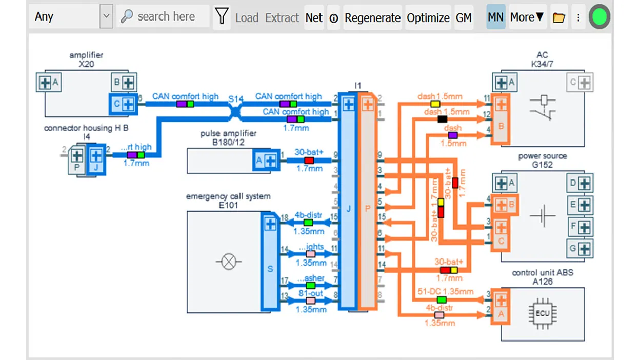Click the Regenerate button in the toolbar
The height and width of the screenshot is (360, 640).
372,18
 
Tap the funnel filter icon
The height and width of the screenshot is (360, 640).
222,17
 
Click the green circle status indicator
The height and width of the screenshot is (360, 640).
599,17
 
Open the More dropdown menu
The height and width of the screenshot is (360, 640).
527,17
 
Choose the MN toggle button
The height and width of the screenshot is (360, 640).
495,17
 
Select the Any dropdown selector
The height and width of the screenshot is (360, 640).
72,16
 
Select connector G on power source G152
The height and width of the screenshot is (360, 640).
580,249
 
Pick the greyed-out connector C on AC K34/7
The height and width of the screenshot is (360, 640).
580,82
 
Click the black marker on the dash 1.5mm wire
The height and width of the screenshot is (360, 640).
442,119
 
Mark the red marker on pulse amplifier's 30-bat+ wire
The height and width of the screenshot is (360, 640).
309,161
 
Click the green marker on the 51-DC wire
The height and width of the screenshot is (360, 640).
442,299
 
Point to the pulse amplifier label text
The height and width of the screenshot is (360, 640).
228,134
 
